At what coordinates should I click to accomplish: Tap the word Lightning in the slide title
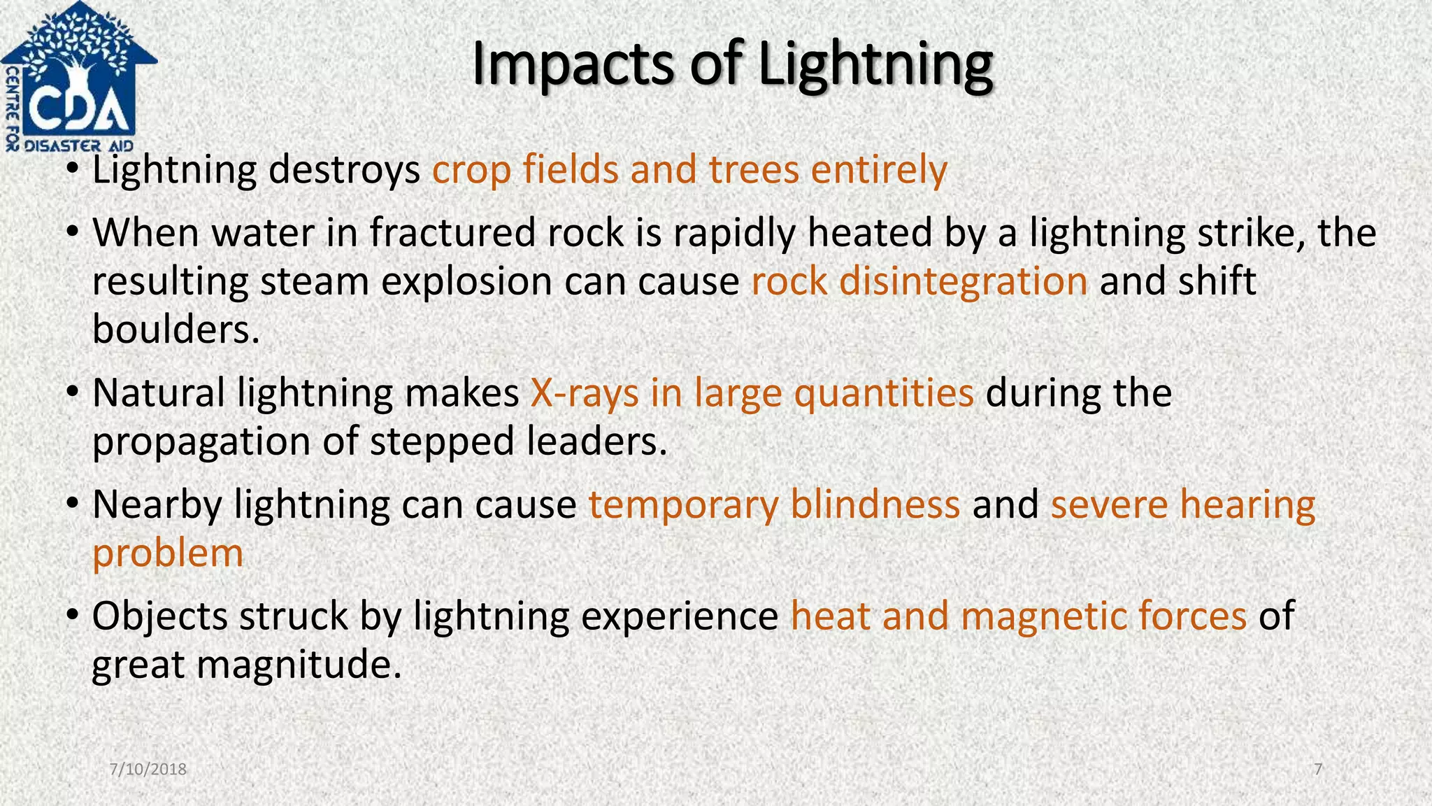(875, 64)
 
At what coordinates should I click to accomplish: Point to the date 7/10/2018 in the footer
(148, 770)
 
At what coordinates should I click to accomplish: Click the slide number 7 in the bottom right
(1318, 770)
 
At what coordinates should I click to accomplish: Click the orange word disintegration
(963, 281)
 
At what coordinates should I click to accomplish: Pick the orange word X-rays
(585, 393)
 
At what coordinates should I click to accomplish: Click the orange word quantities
(884, 393)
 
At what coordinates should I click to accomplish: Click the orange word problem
(168, 553)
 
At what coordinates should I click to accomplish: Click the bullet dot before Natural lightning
(72, 393)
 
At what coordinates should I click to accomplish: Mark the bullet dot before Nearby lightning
(72, 504)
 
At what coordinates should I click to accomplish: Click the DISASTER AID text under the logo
(79, 146)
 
